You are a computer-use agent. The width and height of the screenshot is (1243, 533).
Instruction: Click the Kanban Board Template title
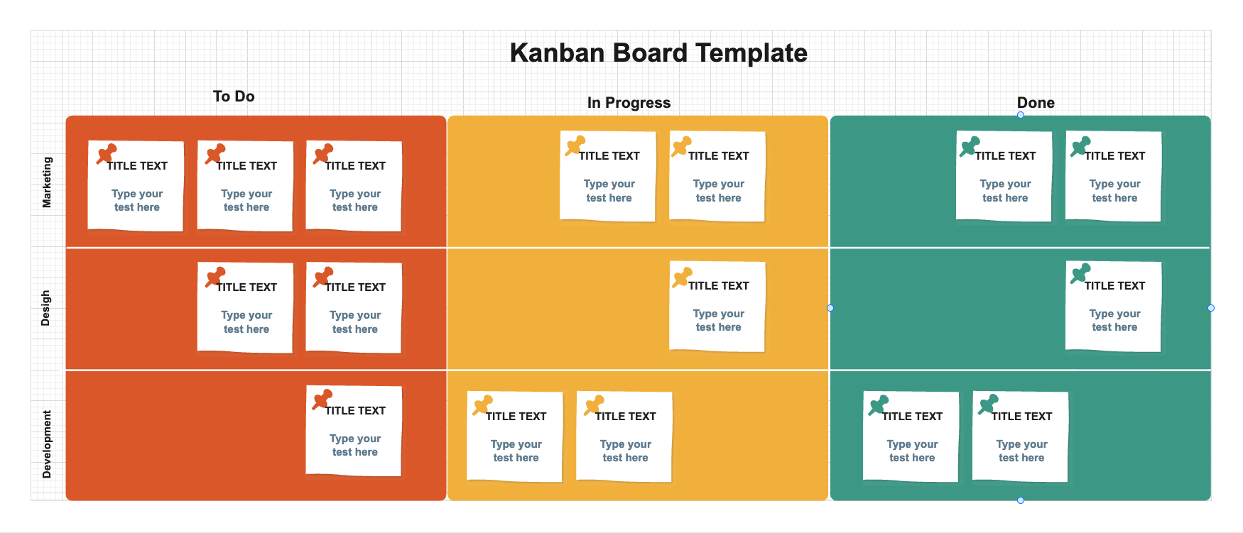658,53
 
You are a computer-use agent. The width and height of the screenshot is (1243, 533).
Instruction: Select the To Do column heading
234,97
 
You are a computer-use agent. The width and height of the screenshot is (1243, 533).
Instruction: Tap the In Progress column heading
629,103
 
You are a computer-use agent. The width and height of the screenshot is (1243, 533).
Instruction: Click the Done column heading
1036,103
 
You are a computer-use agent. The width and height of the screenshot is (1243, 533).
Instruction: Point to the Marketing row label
47,182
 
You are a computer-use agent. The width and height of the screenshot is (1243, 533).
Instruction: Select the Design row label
45,308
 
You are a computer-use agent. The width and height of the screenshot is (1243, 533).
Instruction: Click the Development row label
47,444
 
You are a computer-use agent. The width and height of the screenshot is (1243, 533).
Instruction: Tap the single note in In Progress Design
717,307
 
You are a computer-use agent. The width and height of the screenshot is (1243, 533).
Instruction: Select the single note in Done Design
1114,307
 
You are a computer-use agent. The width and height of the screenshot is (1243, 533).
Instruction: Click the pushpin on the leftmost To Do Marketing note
106,153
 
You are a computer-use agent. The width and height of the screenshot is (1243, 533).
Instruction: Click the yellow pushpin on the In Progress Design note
682,277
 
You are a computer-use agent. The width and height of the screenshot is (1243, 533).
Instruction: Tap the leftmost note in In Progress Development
515,437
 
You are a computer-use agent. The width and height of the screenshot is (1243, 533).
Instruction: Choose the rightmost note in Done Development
1021,437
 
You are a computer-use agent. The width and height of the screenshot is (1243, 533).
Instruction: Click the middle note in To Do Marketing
246,187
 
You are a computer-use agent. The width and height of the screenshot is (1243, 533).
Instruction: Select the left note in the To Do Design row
246,308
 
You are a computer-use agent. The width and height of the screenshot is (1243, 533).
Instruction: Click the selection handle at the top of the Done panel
1021,115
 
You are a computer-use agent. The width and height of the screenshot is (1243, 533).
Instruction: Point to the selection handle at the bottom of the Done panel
1021,500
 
